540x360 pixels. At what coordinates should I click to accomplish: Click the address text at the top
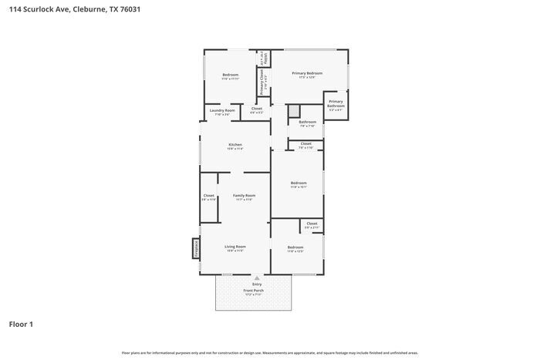75,10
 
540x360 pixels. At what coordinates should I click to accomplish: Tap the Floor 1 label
22,324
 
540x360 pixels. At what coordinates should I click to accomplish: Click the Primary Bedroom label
307,74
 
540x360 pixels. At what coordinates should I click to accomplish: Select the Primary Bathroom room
336,106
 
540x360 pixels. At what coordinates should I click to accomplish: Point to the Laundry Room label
222,112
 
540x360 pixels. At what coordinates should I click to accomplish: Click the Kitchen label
235,146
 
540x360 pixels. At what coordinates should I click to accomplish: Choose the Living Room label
235,247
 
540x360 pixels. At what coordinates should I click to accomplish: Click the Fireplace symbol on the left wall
196,248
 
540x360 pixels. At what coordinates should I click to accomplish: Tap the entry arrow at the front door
256,277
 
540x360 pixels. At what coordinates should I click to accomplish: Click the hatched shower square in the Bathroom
293,112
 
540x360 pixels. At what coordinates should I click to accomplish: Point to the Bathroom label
308,123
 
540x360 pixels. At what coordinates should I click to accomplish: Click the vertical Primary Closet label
262,80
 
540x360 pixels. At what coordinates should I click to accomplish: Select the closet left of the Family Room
209,197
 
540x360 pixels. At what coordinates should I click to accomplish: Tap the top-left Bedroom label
231,76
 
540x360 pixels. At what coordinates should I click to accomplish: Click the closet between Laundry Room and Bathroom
257,110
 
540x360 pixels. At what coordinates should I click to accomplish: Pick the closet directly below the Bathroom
305,145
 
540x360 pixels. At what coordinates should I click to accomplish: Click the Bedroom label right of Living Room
295,248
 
